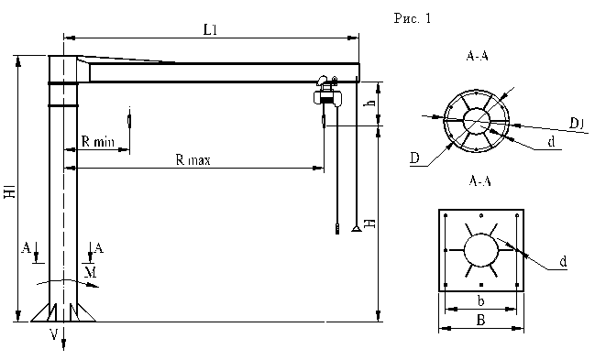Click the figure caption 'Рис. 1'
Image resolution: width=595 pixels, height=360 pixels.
pos(413,18)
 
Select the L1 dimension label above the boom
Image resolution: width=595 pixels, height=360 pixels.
pos(210,30)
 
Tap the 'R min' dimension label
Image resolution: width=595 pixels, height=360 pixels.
pos(97,142)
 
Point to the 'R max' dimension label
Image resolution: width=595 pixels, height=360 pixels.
pos(193,159)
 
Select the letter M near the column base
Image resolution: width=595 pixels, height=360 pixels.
pos(91,272)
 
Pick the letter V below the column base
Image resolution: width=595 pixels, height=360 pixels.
pos(55,334)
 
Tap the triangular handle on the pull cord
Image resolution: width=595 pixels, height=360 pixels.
pos(356,228)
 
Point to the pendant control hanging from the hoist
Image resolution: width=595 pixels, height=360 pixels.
pos(337,229)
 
